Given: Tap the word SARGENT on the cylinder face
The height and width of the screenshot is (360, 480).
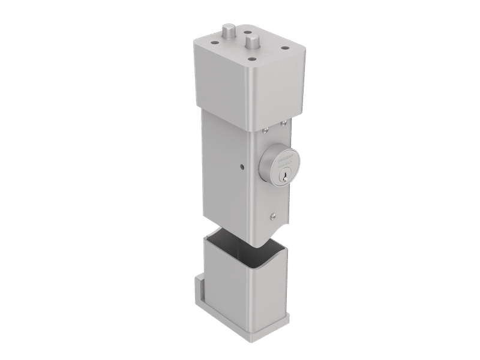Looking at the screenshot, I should [x=283, y=160].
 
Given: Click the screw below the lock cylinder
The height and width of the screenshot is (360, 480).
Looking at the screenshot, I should [x=272, y=217].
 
